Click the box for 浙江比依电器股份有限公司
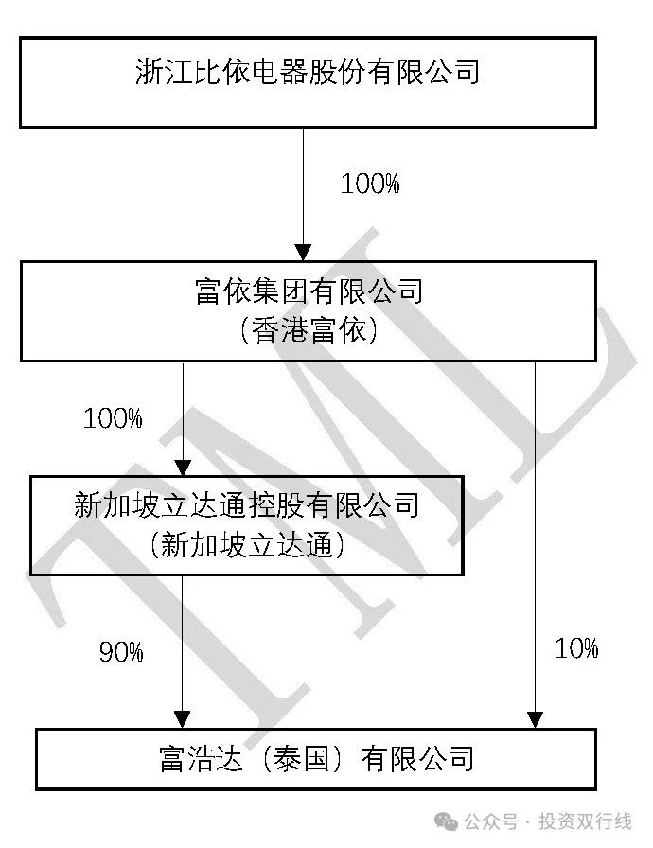coord(308,81)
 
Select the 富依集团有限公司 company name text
coord(309,291)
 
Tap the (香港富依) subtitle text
coord(309,330)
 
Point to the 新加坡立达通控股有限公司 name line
coord(246,504)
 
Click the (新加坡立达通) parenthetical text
coord(246,544)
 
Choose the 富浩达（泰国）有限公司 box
coord(316,759)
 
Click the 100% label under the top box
coord(370,184)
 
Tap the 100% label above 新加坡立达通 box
coord(113,417)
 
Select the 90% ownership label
coord(121,652)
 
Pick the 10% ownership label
coord(576,648)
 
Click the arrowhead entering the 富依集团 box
coord(303,253)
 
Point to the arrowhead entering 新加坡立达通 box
coord(183,467)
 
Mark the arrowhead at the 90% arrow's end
coord(183,718)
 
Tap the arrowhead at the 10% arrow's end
coord(535,718)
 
